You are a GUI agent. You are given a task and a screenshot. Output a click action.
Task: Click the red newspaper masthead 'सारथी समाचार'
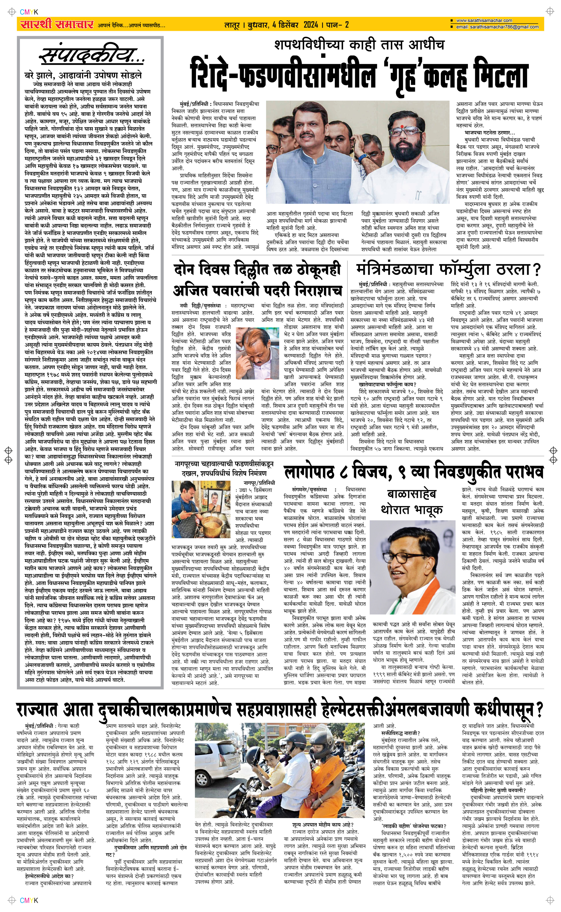[57, 25]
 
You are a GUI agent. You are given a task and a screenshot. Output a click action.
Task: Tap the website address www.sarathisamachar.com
[484, 21]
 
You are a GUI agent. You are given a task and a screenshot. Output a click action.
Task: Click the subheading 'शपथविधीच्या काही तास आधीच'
[359, 45]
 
